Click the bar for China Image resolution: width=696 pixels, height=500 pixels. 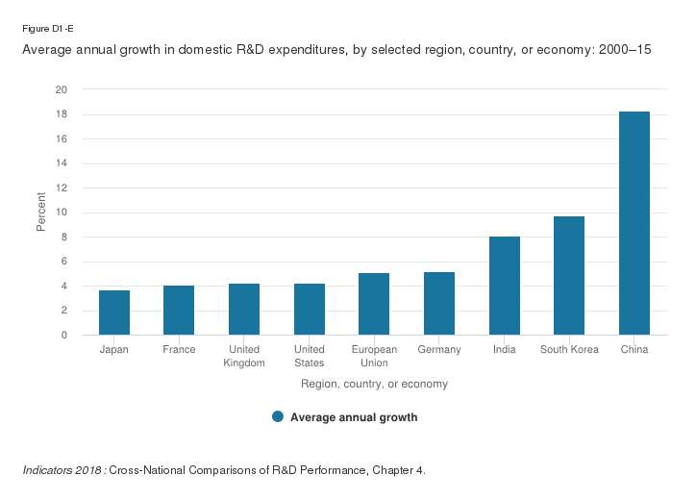(634, 223)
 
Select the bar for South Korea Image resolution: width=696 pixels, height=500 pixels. (569, 276)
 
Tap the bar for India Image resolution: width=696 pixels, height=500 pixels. (505, 286)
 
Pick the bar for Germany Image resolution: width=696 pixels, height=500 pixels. (439, 304)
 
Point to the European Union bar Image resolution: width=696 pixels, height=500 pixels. (374, 304)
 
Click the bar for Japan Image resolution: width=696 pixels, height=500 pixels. (114, 312)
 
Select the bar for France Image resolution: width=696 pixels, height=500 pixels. (179, 311)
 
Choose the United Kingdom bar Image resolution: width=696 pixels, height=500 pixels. (244, 310)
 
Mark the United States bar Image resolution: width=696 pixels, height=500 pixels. (310, 310)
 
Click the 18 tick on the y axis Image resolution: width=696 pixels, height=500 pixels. (62, 114)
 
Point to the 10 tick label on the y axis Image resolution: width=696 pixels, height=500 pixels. (62, 212)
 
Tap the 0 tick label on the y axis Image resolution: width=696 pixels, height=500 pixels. (64, 336)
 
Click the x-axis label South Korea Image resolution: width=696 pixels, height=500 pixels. (569, 350)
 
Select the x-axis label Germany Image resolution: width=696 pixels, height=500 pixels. (439, 350)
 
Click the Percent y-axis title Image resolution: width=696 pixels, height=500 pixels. (41, 212)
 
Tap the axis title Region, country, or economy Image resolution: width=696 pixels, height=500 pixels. (374, 384)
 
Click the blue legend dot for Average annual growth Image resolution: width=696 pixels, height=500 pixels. (278, 416)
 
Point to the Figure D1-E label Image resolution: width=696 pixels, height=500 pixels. (42, 28)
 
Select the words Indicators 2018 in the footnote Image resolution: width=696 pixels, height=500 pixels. (62, 470)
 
